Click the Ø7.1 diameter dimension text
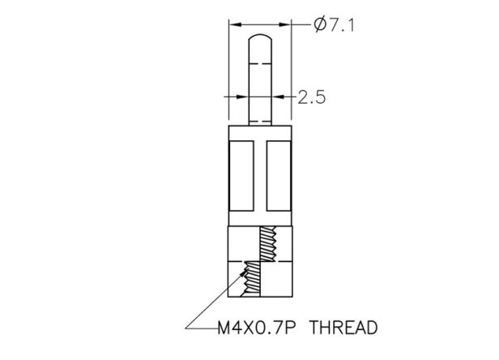(x=334, y=25)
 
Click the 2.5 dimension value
(x=312, y=97)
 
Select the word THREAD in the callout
(x=343, y=328)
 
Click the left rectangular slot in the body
(x=241, y=176)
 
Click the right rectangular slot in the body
(x=279, y=176)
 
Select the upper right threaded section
(x=268, y=244)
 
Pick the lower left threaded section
(x=252, y=279)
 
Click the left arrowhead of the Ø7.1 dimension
(x=236, y=24)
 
